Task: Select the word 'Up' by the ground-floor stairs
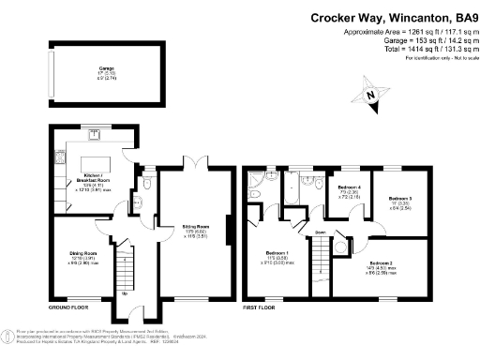point(125,293)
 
